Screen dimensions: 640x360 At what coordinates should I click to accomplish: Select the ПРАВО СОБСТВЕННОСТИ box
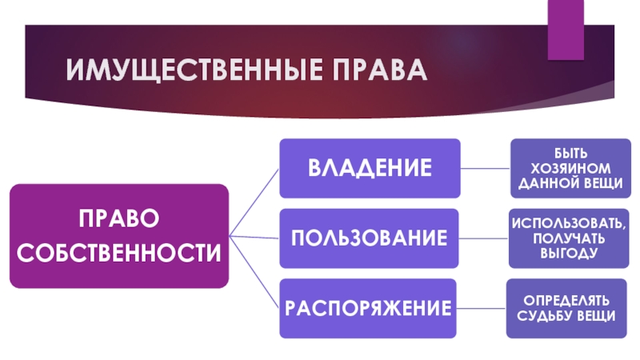pos(118,236)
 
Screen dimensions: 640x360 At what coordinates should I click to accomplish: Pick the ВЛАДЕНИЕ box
pos(370,168)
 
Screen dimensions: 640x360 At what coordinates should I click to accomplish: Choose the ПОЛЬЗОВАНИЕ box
pos(370,238)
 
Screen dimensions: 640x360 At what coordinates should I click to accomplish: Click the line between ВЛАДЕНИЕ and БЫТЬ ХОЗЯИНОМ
pos(485,168)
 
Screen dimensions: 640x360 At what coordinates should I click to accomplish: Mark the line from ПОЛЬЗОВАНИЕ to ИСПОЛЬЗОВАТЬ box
pos(485,238)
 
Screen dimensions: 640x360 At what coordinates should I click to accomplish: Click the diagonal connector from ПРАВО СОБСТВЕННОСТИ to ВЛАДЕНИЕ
pos(254,203)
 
